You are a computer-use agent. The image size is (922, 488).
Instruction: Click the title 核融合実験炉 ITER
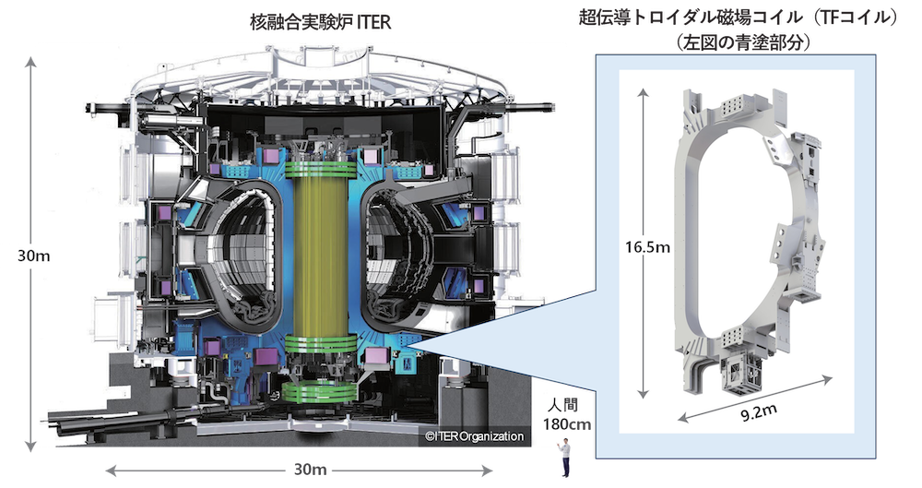[x=320, y=23]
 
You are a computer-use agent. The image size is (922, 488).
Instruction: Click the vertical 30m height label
[x=33, y=256]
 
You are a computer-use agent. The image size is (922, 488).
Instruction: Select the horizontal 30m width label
[x=310, y=470]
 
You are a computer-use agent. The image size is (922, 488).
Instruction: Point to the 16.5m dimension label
[x=647, y=246]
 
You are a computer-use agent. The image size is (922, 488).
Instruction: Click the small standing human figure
[x=565, y=458]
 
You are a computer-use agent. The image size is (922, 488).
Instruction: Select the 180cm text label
[x=567, y=423]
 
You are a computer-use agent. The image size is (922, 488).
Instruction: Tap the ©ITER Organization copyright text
[x=474, y=436]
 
